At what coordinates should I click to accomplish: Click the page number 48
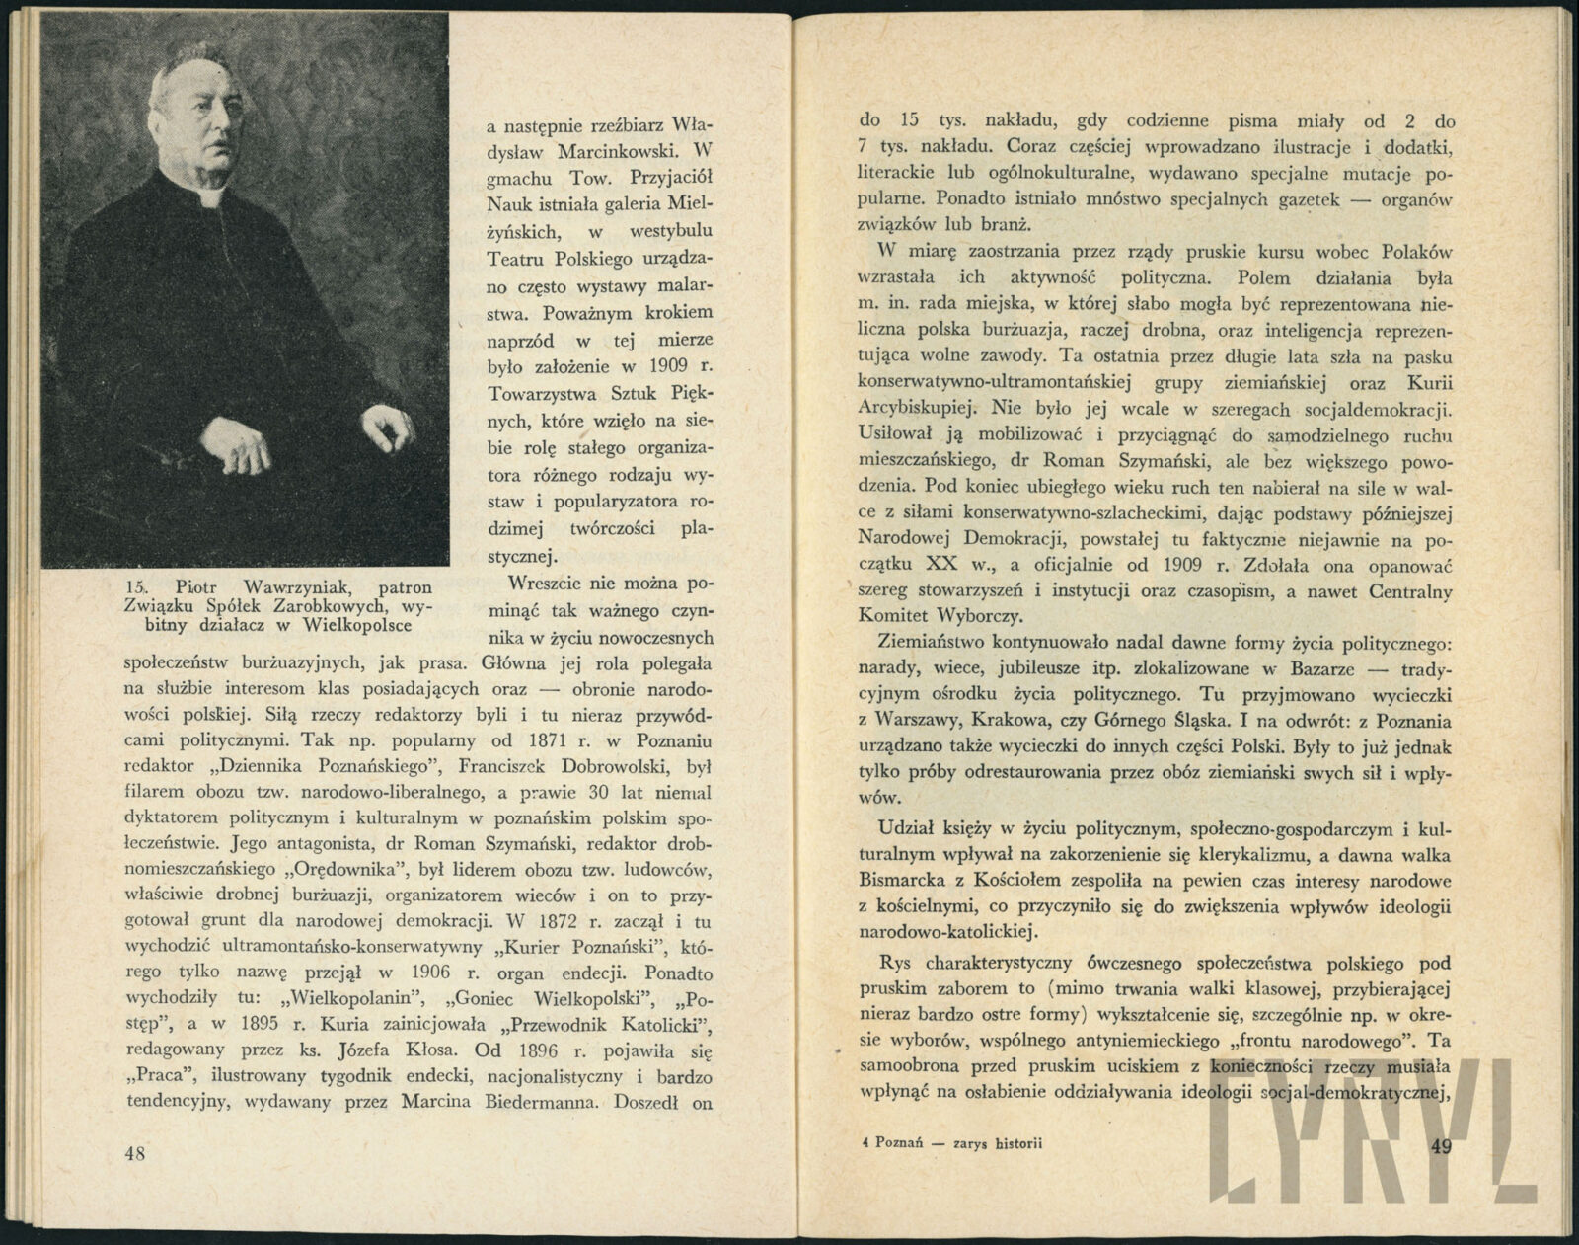135,1153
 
